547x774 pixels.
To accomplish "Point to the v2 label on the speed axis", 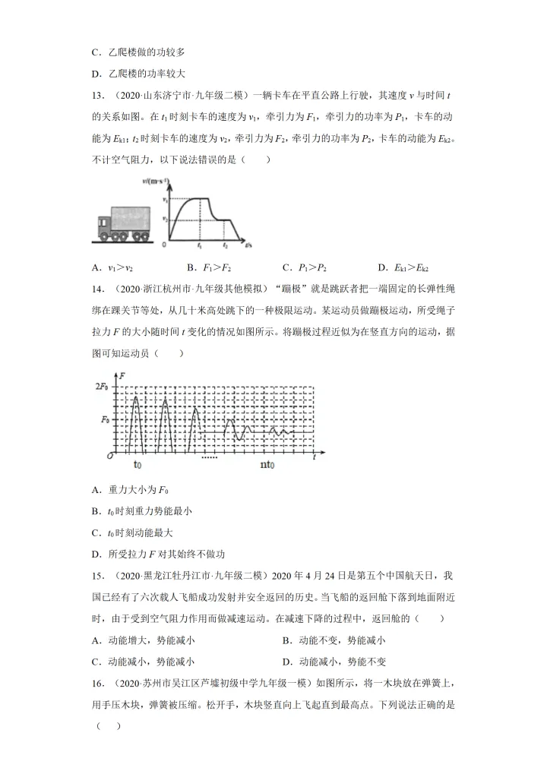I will [x=163, y=220].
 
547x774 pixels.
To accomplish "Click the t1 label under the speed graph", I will [x=198, y=247].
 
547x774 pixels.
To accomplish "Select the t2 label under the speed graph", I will [x=225, y=247].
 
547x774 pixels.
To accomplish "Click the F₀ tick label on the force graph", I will [x=105, y=419].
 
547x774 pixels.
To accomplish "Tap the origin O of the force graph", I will [x=111, y=456].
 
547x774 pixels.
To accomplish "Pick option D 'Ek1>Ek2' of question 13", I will [x=403, y=268].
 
